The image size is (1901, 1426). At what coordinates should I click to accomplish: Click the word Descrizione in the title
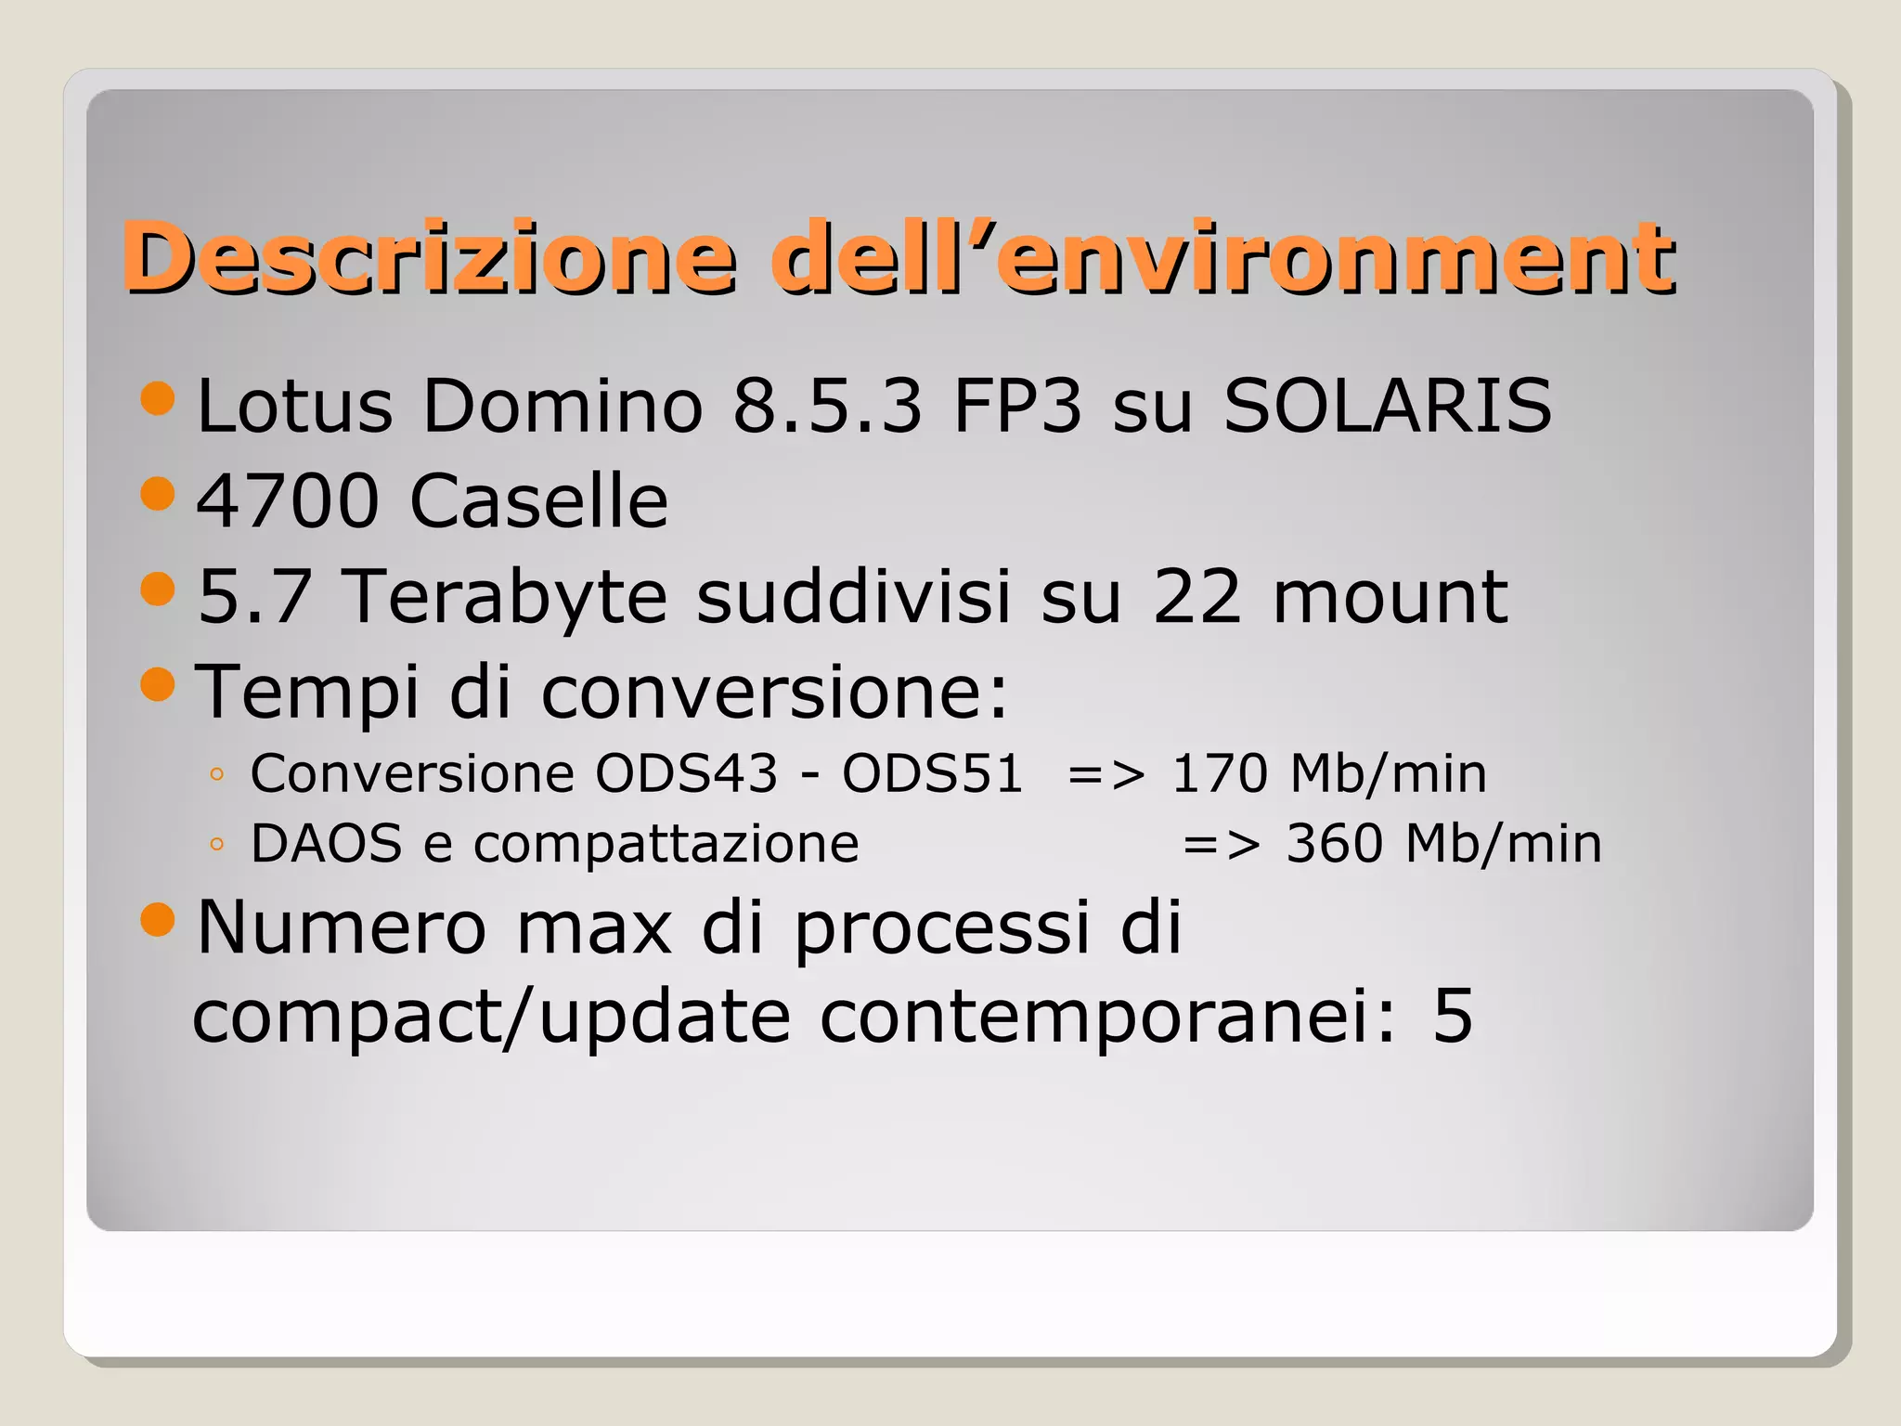[429, 257]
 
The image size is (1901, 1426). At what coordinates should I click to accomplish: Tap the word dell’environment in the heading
[1223, 257]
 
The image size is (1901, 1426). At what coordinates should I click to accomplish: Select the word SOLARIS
[1387, 406]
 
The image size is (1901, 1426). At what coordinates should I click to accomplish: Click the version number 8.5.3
[827, 406]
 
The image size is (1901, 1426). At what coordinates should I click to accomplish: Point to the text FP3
[1017, 406]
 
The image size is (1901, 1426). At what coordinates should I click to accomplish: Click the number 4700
[288, 501]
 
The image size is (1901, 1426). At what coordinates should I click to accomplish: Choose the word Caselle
[538, 501]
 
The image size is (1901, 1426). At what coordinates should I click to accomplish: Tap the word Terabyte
[506, 597]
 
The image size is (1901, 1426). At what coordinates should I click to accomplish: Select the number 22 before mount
[1196, 597]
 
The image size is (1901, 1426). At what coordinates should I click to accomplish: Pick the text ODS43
[686, 773]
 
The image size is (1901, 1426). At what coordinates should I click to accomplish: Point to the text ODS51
[932, 773]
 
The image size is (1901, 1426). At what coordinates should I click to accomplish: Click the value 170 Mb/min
[1328, 773]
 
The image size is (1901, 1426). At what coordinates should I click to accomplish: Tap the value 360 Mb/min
[1443, 844]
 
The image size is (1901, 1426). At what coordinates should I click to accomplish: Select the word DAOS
[327, 844]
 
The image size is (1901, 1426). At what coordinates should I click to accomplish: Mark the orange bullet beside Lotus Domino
[158, 398]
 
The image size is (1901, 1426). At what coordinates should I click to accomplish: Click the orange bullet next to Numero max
[158, 919]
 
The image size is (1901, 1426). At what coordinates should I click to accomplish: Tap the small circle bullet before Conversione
[217, 774]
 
